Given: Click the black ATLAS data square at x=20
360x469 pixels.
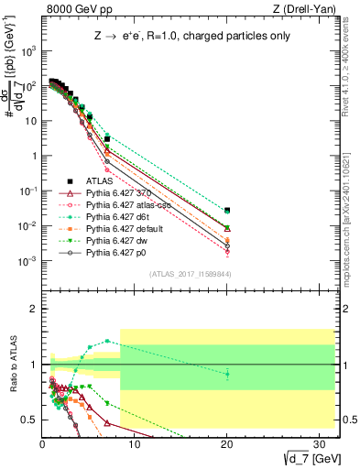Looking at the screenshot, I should (227, 210).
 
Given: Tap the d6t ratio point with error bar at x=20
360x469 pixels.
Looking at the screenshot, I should (227, 373).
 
